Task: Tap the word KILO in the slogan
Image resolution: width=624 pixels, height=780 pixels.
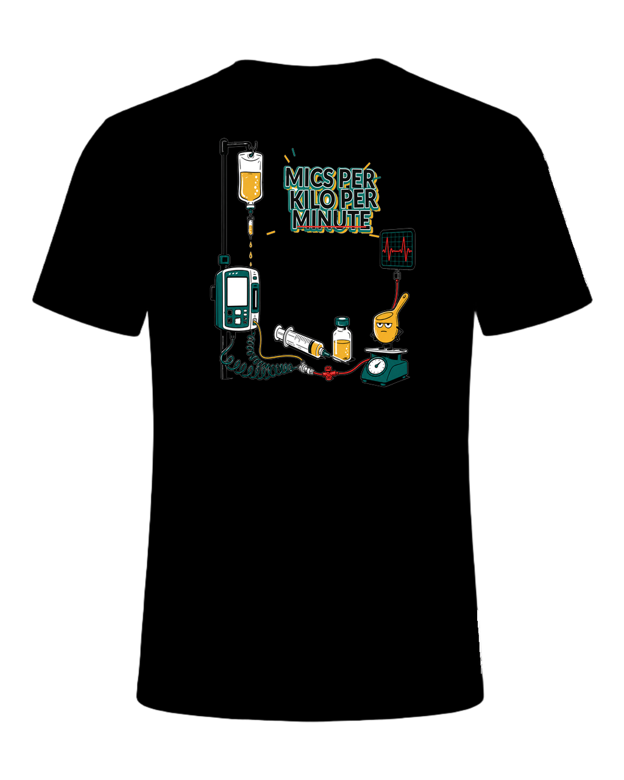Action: pyautogui.click(x=313, y=199)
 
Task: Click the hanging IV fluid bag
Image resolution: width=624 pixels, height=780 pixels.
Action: pyautogui.click(x=250, y=179)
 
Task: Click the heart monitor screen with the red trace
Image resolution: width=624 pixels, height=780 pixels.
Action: pyautogui.click(x=397, y=249)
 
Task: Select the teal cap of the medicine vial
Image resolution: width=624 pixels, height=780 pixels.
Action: pyautogui.click(x=342, y=322)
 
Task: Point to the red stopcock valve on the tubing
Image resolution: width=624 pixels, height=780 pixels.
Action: pyautogui.click(x=328, y=372)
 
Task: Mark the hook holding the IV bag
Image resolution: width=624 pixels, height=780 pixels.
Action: pyautogui.click(x=255, y=148)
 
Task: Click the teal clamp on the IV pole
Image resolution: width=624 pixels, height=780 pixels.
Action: pyautogui.click(x=224, y=260)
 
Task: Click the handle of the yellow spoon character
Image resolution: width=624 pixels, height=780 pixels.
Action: pyautogui.click(x=400, y=303)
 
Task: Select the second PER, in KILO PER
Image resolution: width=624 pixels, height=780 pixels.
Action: pyautogui.click(x=358, y=199)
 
